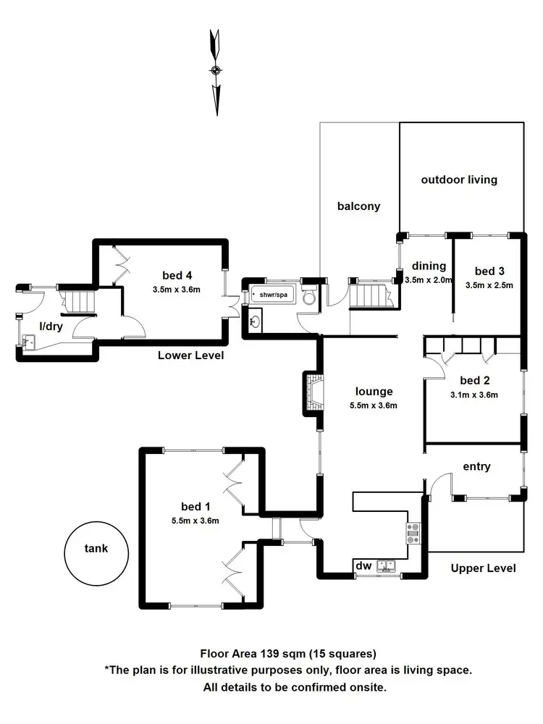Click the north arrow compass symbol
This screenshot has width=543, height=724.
click(x=215, y=71)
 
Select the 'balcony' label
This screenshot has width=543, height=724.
click(x=358, y=206)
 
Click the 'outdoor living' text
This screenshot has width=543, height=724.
click(x=460, y=180)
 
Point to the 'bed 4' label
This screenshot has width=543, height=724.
click(x=176, y=275)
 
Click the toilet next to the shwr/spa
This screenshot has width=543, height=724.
click(x=309, y=297)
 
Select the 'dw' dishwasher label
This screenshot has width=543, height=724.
click(x=362, y=565)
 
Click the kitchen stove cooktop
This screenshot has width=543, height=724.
click(x=413, y=534)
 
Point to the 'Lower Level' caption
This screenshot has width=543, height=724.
click(x=191, y=355)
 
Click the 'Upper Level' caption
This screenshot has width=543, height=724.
click(x=483, y=568)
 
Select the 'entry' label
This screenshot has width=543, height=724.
click(x=476, y=467)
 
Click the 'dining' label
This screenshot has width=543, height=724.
click(x=427, y=266)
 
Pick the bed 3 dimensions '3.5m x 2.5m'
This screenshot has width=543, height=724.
click(x=489, y=285)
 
